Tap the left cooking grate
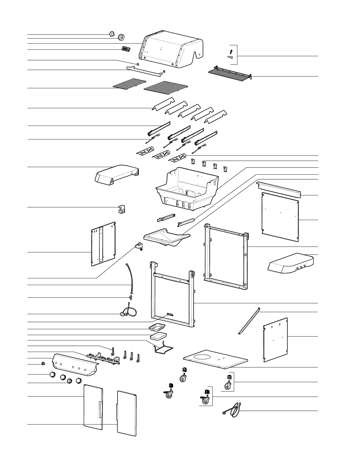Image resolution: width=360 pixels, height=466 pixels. point(130,83)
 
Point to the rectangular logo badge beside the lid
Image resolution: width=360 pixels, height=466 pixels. point(126,49)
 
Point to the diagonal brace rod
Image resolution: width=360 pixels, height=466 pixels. point(249,321)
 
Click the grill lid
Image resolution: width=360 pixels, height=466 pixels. point(171,49)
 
